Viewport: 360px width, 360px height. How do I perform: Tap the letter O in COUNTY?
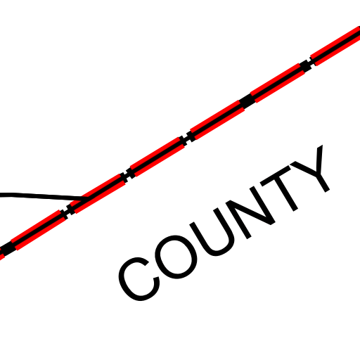(x=176, y=257)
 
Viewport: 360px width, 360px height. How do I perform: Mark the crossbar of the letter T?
(x=276, y=176)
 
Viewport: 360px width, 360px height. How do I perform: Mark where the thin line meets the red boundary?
(x=85, y=200)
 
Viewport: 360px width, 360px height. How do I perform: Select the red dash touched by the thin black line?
(x=98, y=193)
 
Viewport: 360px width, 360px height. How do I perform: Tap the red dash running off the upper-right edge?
(x=335, y=46)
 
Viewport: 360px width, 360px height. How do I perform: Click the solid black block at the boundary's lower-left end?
(x=8, y=249)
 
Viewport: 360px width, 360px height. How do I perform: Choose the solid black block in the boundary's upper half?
(x=247, y=101)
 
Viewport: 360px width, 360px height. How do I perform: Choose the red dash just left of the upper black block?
(x=217, y=120)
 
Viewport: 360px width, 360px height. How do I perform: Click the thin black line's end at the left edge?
(x=1, y=195)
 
